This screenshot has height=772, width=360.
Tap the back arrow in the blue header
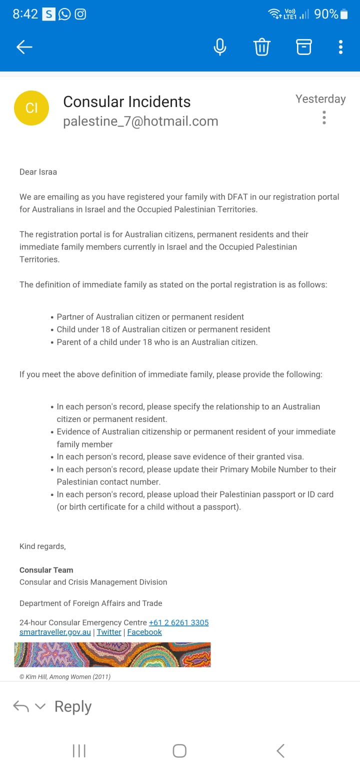click(24, 47)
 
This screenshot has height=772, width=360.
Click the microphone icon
click(219, 47)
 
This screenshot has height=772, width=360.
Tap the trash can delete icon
click(262, 47)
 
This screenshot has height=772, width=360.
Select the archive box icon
click(303, 47)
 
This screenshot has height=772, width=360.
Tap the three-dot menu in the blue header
click(340, 47)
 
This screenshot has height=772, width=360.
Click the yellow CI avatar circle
click(31, 107)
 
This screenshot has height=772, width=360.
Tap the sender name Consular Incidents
click(127, 102)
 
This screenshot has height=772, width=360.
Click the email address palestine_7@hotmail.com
click(140, 121)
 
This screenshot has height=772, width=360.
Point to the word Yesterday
click(320, 99)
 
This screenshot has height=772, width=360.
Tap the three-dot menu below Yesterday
click(324, 117)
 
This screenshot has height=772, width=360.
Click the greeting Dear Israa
click(38, 172)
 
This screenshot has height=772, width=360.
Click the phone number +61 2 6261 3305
click(178, 622)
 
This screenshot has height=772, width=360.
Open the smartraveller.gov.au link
click(55, 632)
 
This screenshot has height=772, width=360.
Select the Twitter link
click(109, 632)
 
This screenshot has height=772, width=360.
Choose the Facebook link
click(144, 632)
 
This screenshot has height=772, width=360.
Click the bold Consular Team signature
click(46, 570)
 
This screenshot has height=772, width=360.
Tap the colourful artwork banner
click(112, 654)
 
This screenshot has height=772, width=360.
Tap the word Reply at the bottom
click(73, 706)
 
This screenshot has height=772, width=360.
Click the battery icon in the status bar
click(344, 14)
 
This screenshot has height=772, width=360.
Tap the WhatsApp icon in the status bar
click(64, 14)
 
